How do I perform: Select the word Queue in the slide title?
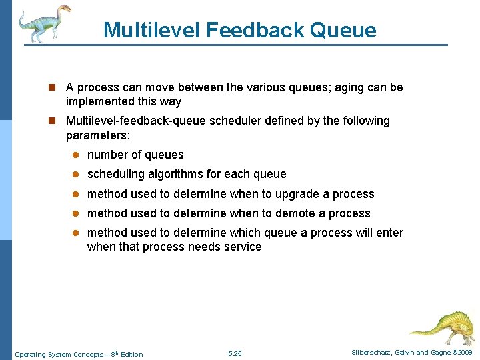343,30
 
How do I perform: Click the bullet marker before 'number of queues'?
77,155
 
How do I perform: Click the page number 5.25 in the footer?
235,353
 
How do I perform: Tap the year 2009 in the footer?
463,352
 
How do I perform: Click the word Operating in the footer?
31,354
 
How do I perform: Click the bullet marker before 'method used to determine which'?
77,233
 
